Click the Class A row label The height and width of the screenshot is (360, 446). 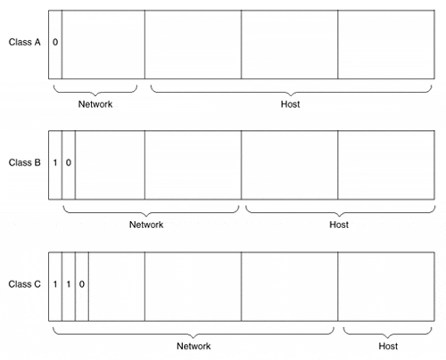(24, 42)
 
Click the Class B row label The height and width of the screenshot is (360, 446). (24, 162)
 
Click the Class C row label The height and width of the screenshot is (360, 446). (24, 284)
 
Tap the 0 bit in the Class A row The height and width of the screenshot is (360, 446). (55, 42)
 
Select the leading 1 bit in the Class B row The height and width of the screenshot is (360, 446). (55, 162)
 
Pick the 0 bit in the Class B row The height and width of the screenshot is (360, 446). (69, 162)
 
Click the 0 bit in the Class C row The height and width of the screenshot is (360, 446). (82, 284)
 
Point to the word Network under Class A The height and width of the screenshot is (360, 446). (95, 104)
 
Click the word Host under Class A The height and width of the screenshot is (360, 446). (290, 104)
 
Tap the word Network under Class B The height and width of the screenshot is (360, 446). (146, 225)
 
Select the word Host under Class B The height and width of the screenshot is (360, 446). (339, 225)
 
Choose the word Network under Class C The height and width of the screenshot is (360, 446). (194, 346)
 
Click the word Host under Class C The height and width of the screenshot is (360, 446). (388, 346)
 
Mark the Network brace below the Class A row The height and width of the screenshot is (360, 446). (95, 95)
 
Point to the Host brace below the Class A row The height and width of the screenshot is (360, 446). (291, 95)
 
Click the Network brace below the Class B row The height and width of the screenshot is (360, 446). (147, 216)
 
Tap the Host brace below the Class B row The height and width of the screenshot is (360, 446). (340, 216)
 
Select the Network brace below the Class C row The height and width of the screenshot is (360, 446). (194, 338)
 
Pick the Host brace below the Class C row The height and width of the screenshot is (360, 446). (387, 338)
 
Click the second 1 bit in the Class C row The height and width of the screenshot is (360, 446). (69, 284)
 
